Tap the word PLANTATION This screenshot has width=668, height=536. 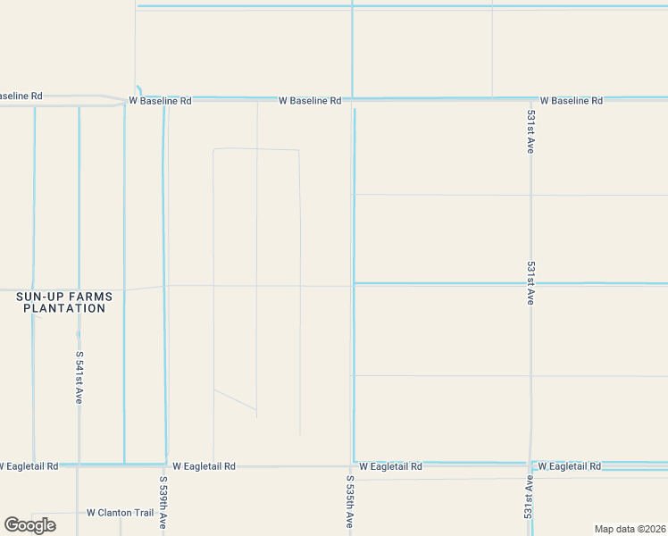(x=64, y=308)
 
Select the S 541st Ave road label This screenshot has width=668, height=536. (x=79, y=377)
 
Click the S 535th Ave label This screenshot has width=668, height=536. (x=349, y=502)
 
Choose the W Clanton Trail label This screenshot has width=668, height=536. (x=121, y=513)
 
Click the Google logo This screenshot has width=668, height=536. (x=29, y=525)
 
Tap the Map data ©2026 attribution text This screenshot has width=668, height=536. (x=630, y=529)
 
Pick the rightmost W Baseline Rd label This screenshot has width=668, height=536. (x=571, y=101)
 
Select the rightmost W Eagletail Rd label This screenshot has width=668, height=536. (x=569, y=466)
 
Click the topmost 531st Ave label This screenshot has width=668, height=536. (x=530, y=133)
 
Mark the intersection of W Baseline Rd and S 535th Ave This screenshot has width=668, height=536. (x=351, y=99)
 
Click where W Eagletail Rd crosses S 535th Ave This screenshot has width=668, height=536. (x=351, y=465)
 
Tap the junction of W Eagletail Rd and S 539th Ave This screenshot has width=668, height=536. (x=165, y=465)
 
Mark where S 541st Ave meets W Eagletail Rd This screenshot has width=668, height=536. (x=79, y=465)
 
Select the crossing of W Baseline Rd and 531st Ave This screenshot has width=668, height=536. (x=531, y=98)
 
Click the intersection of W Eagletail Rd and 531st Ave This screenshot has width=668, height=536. (x=530, y=465)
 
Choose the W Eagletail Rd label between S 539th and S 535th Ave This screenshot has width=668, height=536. (x=204, y=466)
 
